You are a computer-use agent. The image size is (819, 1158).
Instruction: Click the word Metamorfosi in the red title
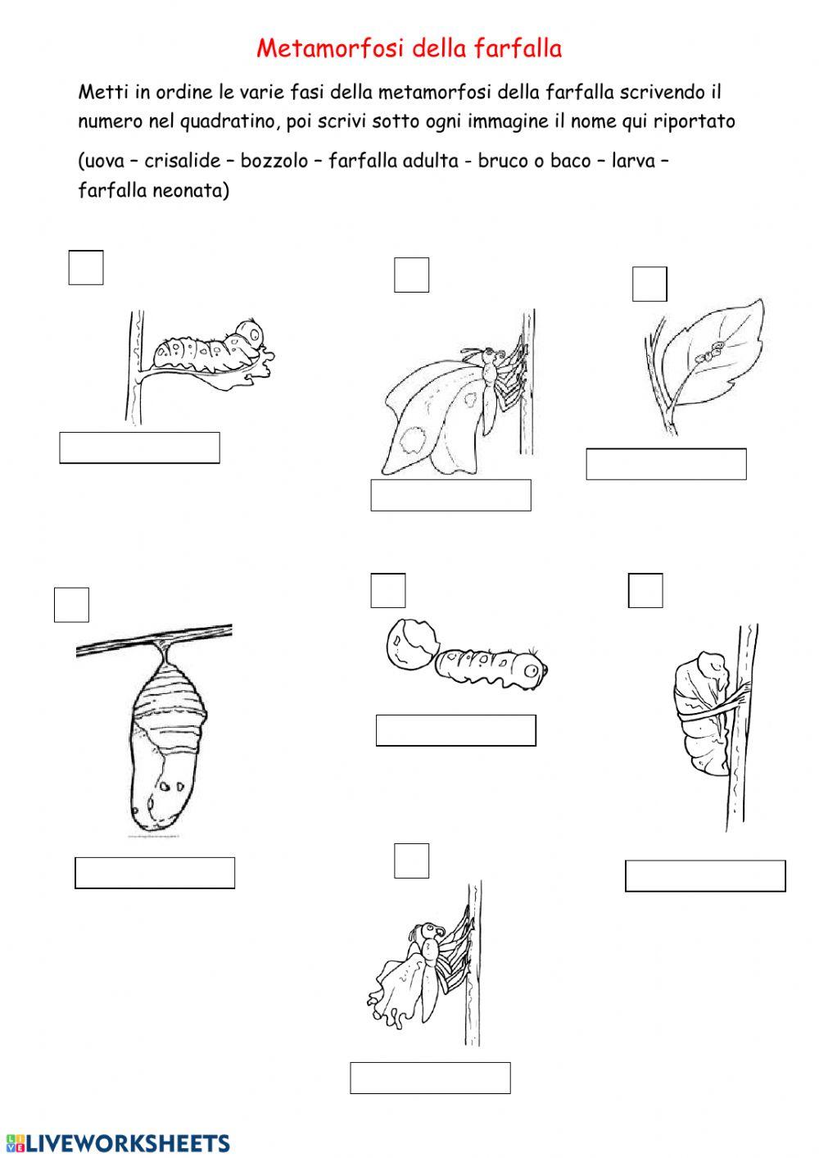tap(330, 48)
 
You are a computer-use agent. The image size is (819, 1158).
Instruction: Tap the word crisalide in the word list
tap(183, 161)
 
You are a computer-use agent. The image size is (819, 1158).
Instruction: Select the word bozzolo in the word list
tap(274, 161)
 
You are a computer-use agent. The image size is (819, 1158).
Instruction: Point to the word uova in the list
tap(104, 161)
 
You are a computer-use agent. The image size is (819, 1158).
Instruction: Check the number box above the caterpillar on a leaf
tap(86, 267)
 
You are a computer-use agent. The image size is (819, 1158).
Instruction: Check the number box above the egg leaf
tap(649, 284)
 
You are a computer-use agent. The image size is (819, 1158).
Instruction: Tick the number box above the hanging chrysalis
tap(71, 605)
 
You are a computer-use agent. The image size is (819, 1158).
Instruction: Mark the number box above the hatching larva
tap(388, 590)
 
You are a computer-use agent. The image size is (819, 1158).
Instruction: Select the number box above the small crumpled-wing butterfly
tap(411, 861)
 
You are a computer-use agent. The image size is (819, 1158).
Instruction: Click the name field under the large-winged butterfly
tap(450, 495)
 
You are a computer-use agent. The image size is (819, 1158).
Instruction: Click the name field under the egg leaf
tap(666, 464)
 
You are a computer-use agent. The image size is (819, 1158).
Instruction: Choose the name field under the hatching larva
tap(455, 730)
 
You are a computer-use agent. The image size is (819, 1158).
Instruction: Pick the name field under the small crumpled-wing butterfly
tap(430, 1078)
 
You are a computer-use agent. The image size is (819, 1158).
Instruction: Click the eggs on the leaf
tap(711, 352)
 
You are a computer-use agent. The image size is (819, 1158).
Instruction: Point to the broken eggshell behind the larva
tap(412, 644)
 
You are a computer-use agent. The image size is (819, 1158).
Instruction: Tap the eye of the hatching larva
tap(530, 670)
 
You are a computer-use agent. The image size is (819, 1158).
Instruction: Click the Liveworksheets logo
tap(118, 1143)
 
